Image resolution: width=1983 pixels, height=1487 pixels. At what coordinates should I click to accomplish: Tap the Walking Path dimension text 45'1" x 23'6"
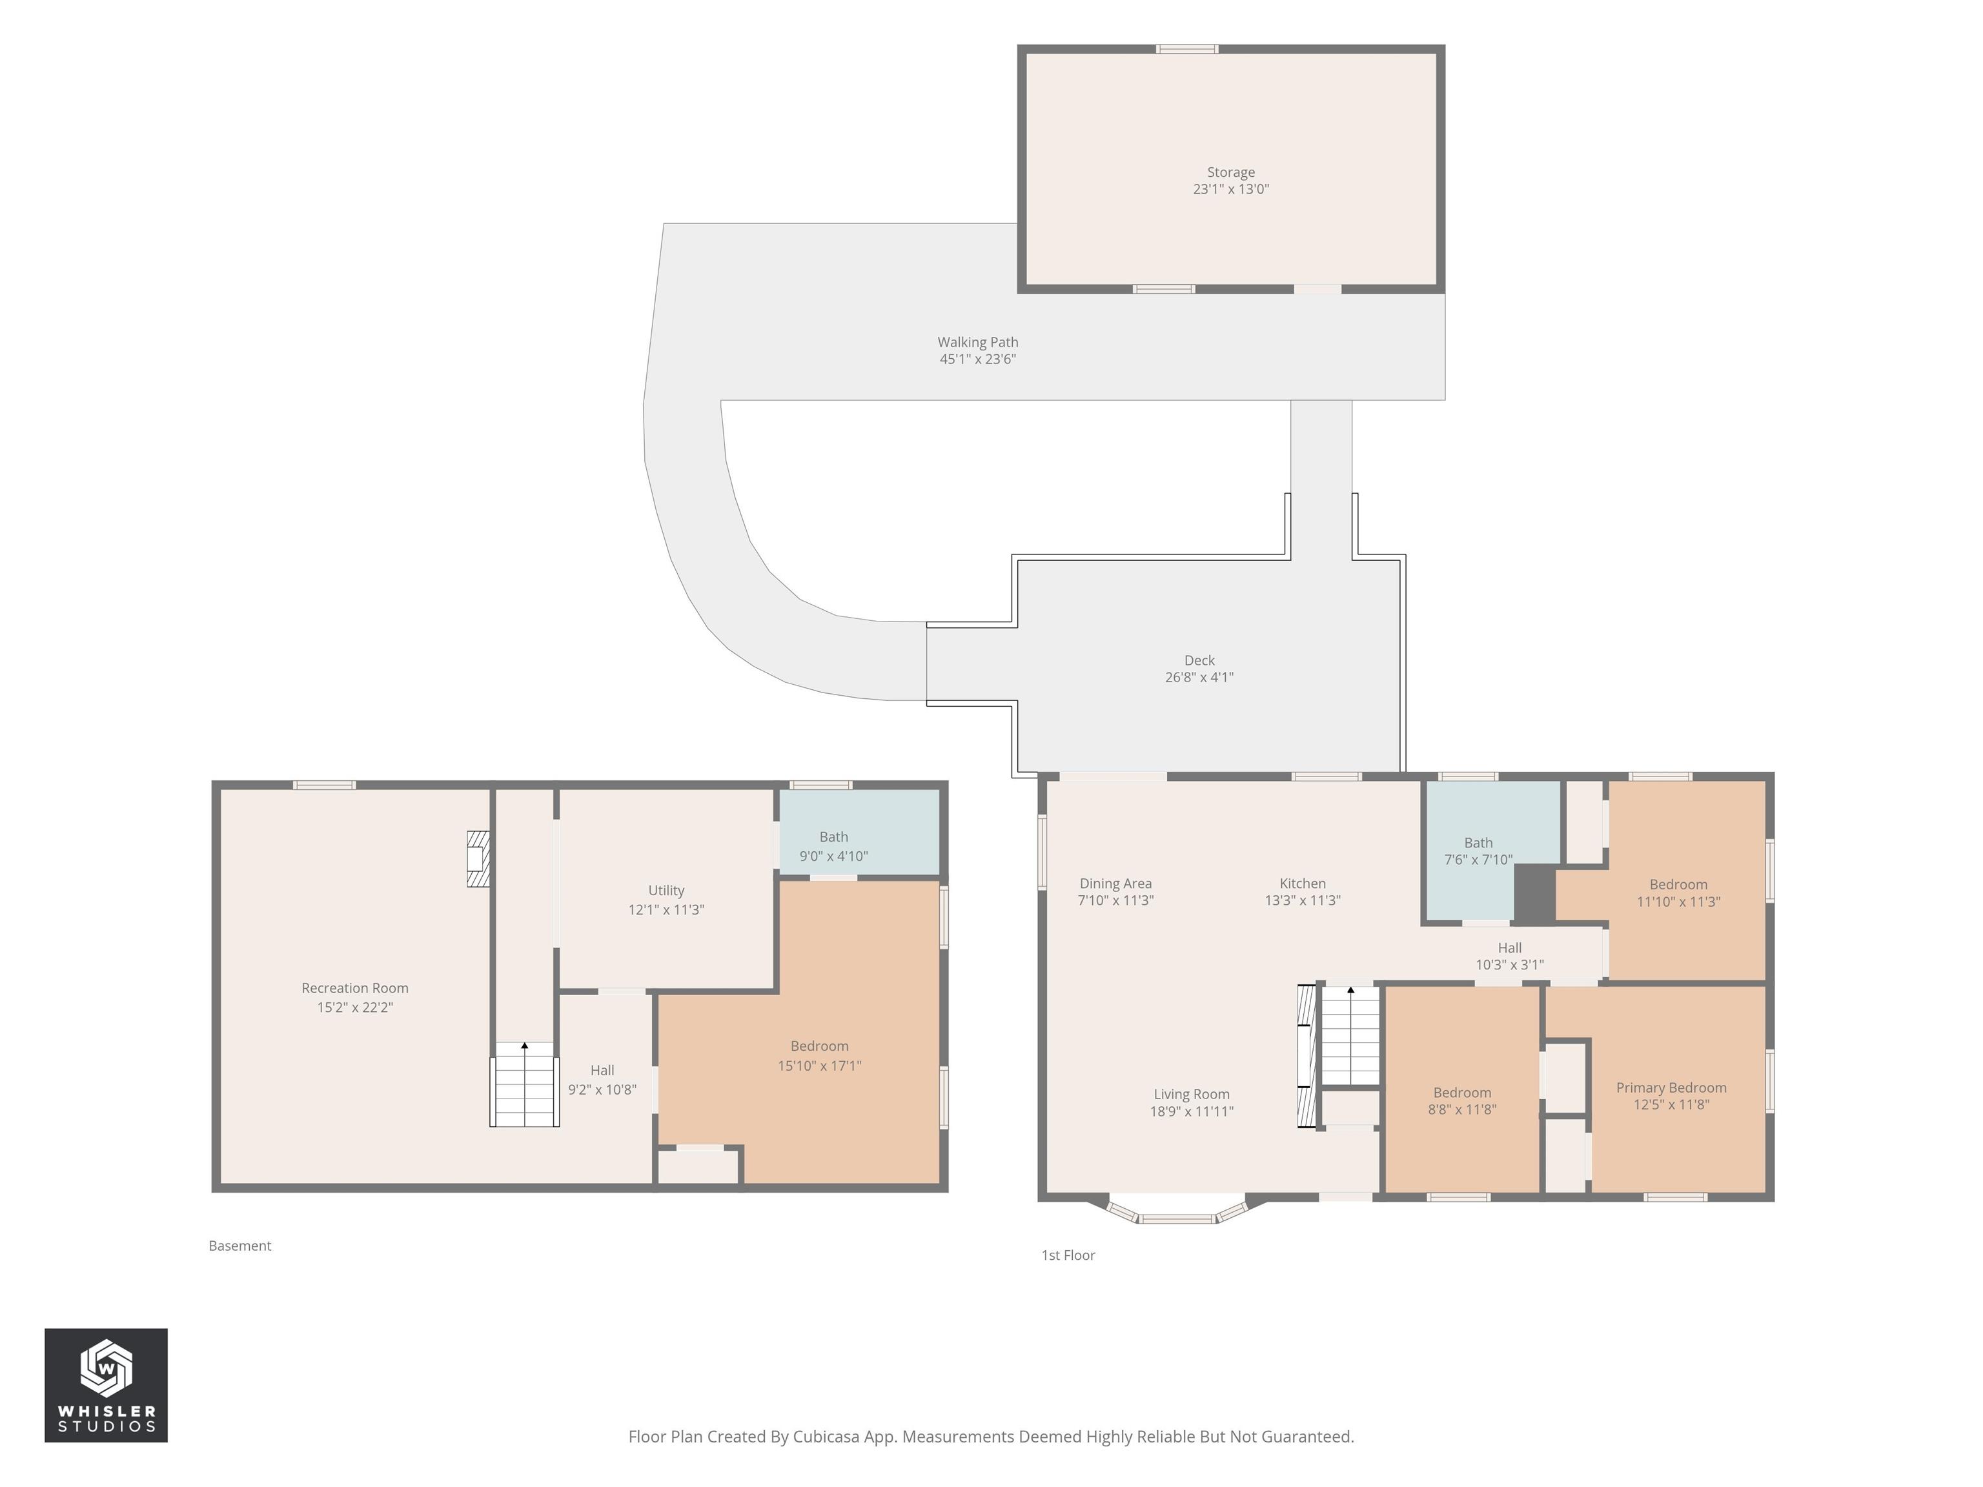(x=977, y=359)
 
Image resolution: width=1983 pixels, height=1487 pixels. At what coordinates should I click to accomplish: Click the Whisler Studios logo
(x=106, y=1385)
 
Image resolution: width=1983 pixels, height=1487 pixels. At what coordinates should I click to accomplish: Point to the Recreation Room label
(x=355, y=987)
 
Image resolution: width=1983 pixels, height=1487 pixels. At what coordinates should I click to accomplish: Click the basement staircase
(x=524, y=1084)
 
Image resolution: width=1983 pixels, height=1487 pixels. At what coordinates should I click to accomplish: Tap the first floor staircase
(x=1350, y=1036)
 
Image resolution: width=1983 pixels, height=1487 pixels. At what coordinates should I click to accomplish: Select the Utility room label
(x=666, y=890)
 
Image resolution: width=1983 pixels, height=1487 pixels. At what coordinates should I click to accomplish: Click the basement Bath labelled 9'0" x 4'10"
(x=859, y=832)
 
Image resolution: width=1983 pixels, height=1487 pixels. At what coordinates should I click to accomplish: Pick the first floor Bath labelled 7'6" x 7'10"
(x=1492, y=850)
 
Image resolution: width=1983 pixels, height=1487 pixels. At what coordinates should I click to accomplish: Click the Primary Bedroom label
(x=1671, y=1087)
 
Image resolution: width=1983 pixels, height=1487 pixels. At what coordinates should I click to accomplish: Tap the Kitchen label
(x=1302, y=884)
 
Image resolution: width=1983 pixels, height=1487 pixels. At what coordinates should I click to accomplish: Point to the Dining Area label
(x=1115, y=884)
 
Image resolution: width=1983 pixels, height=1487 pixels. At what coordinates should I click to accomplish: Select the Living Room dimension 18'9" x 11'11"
(x=1192, y=1111)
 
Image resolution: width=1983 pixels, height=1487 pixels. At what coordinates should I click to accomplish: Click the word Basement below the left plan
(x=239, y=1246)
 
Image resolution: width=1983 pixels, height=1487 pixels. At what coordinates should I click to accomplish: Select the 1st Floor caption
(x=1068, y=1255)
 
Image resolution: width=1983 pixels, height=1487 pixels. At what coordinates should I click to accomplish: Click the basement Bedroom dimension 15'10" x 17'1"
(x=819, y=1066)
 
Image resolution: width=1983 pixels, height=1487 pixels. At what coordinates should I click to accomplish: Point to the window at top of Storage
(x=1187, y=49)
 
